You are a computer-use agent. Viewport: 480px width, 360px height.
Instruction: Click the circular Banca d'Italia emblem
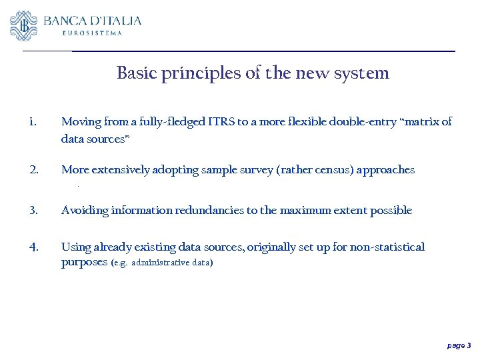click(24, 26)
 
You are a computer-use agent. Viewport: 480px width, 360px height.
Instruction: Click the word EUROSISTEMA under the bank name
click(92, 33)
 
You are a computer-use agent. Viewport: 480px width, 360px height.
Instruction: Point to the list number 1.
click(32, 122)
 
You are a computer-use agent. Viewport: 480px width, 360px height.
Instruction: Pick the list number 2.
click(33, 170)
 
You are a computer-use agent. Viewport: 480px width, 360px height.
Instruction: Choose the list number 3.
click(33, 211)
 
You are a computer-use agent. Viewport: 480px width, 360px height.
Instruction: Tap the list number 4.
click(33, 247)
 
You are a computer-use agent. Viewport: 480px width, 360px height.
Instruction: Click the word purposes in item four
click(84, 263)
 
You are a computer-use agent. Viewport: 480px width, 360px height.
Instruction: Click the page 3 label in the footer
click(459, 346)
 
